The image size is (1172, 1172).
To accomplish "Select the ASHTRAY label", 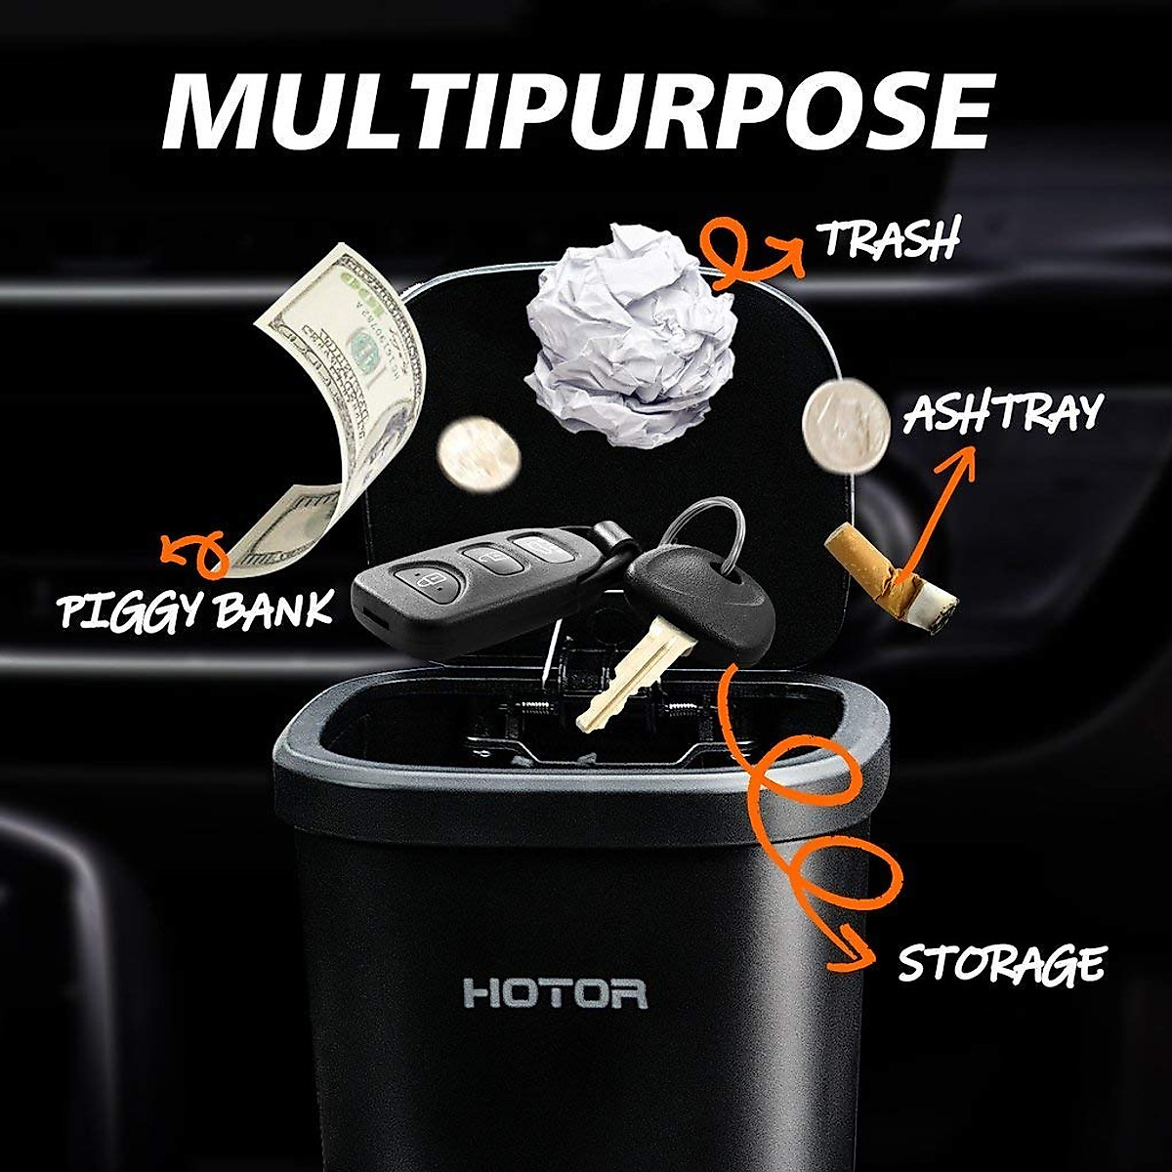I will click(1002, 414).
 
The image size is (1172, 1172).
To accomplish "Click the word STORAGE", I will click(1000, 963).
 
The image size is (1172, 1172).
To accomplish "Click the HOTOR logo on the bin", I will click(555, 994).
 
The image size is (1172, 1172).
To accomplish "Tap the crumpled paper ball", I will click(631, 333).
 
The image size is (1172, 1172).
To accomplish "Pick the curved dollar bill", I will click(337, 410).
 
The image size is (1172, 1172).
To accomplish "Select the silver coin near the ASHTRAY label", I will click(846, 426).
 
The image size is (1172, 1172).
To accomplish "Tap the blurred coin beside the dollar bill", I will click(479, 454).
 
